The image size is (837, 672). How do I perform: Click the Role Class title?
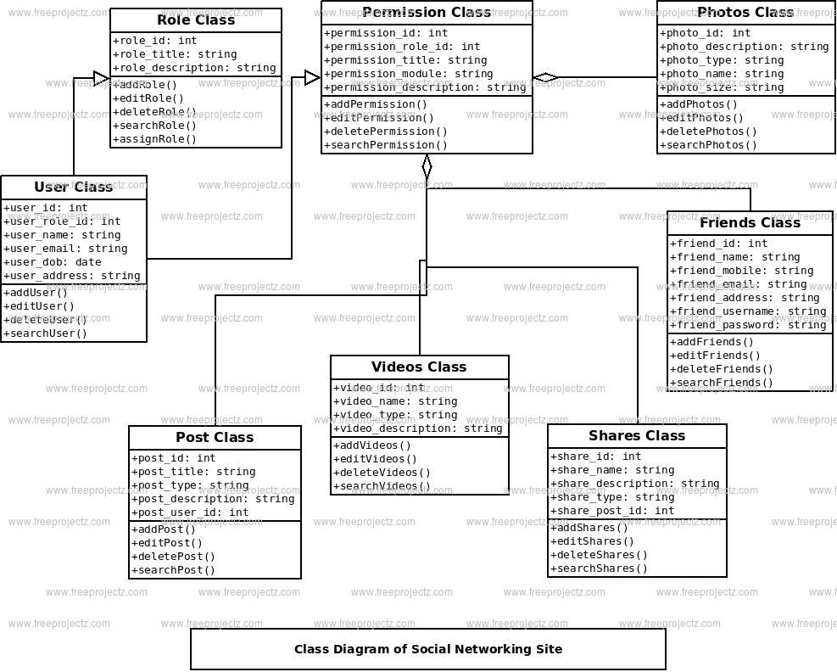point(196,20)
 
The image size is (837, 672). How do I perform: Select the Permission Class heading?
point(427,12)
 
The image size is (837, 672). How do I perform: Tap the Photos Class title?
point(745,12)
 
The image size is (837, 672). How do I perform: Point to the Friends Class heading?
point(750,223)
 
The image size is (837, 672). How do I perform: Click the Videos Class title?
point(419,367)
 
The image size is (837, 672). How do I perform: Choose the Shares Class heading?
point(637,436)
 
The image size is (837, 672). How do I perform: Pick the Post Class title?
point(215,438)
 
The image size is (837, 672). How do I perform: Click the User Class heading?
point(74,187)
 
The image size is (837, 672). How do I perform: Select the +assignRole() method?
point(155,139)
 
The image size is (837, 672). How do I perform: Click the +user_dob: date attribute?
point(53,262)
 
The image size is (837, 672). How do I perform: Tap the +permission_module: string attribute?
point(409,74)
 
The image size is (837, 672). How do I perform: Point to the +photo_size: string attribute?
point(722,87)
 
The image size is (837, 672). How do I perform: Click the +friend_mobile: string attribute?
point(741,271)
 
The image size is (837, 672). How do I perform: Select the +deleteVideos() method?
point(382,473)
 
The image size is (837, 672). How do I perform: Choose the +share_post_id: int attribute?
point(612,511)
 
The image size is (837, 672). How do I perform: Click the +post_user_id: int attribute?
point(190,512)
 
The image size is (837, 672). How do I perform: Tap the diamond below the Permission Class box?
point(427,166)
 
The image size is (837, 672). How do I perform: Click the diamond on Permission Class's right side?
point(545,77)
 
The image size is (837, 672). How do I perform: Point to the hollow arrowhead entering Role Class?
point(102,78)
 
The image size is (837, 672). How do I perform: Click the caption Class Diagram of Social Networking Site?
point(428,650)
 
